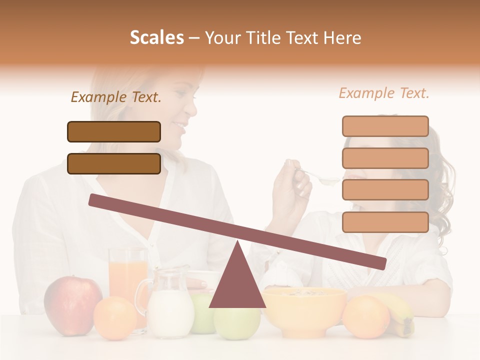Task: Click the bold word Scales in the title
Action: (x=156, y=38)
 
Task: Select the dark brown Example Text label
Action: (x=116, y=97)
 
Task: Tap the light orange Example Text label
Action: (x=384, y=93)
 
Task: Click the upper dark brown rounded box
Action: (x=114, y=131)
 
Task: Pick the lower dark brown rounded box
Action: (x=114, y=163)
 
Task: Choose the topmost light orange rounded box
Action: (x=385, y=126)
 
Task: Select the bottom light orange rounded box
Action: (x=385, y=222)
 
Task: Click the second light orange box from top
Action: (x=385, y=158)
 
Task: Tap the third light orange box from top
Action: (x=385, y=190)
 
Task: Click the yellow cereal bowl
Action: (x=304, y=310)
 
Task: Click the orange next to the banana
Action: (x=365, y=317)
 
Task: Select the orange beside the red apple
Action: (x=114, y=318)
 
